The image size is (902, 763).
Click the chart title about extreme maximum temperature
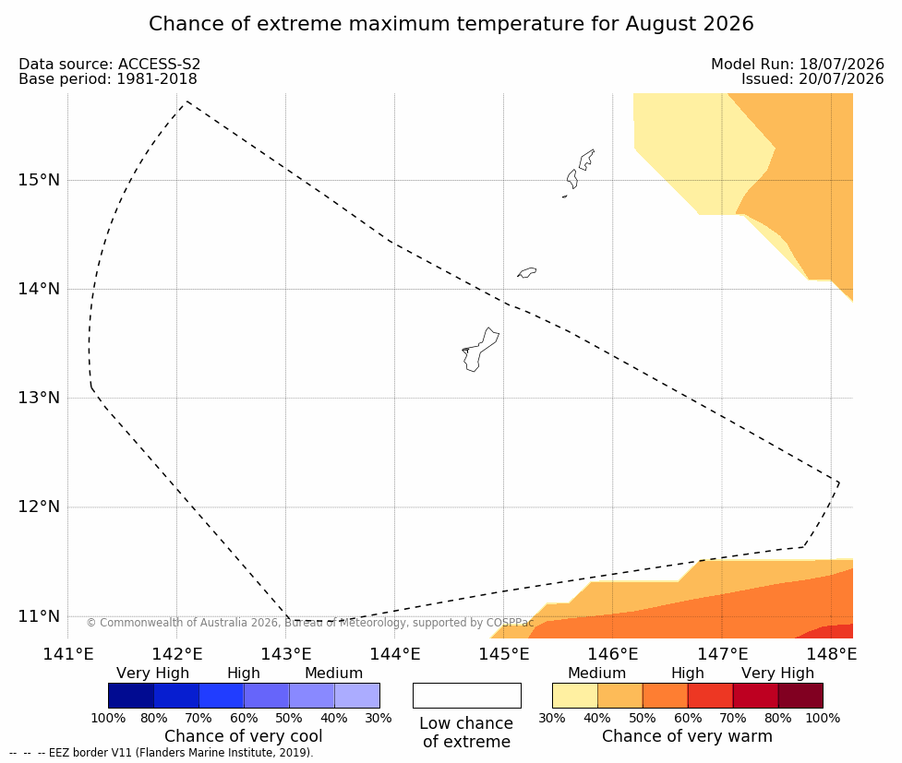(451, 24)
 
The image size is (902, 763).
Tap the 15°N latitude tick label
(39, 181)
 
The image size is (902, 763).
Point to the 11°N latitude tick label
(39, 616)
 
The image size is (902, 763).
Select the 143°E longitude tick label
(286, 654)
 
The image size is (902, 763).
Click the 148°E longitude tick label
(831, 654)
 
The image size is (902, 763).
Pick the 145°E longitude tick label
(504, 654)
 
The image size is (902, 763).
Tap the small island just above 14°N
(527, 272)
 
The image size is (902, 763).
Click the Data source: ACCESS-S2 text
(109, 65)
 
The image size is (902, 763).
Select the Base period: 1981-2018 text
(108, 78)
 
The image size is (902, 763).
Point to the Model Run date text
(798, 65)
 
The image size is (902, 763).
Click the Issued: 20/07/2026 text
(812, 78)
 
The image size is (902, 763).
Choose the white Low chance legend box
(467, 696)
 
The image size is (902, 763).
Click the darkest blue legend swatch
(131, 696)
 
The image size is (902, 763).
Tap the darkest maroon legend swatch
(800, 696)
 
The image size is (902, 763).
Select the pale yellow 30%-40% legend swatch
(575, 696)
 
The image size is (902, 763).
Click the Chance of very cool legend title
(244, 736)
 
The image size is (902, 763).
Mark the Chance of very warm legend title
(688, 736)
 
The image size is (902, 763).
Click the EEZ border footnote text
(161, 753)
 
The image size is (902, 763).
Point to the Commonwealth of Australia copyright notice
(310, 623)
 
